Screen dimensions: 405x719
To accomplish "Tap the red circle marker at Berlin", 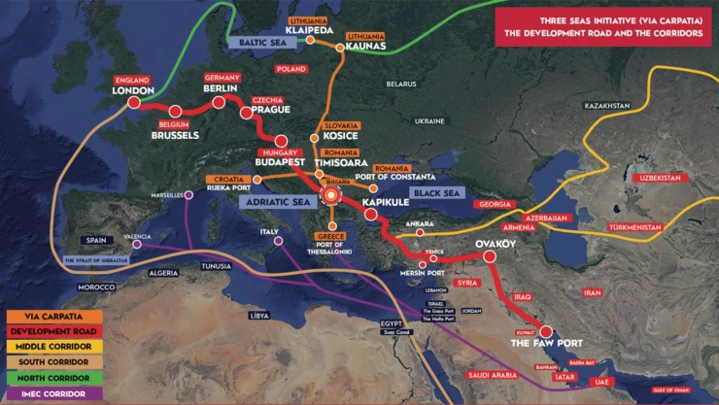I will tap(219, 102).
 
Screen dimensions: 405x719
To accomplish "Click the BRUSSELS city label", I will tap(175, 135).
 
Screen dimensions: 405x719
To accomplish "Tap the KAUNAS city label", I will tap(361, 46).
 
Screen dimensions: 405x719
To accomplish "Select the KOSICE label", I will tap(340, 137).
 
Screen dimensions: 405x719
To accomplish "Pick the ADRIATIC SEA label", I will tap(281, 203).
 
